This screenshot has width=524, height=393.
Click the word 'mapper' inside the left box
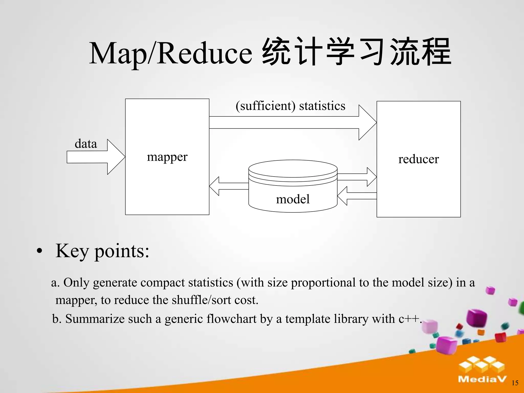click(167, 157)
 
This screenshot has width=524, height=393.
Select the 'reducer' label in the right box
click(419, 159)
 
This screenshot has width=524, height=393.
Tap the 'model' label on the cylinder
click(293, 199)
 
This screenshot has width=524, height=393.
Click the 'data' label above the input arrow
click(86, 144)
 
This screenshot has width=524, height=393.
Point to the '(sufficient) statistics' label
click(290, 106)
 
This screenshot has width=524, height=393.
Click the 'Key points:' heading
click(102, 251)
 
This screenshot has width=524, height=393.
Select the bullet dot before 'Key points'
click(39, 251)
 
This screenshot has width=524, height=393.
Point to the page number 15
click(515, 383)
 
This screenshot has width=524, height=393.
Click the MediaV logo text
click(482, 379)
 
